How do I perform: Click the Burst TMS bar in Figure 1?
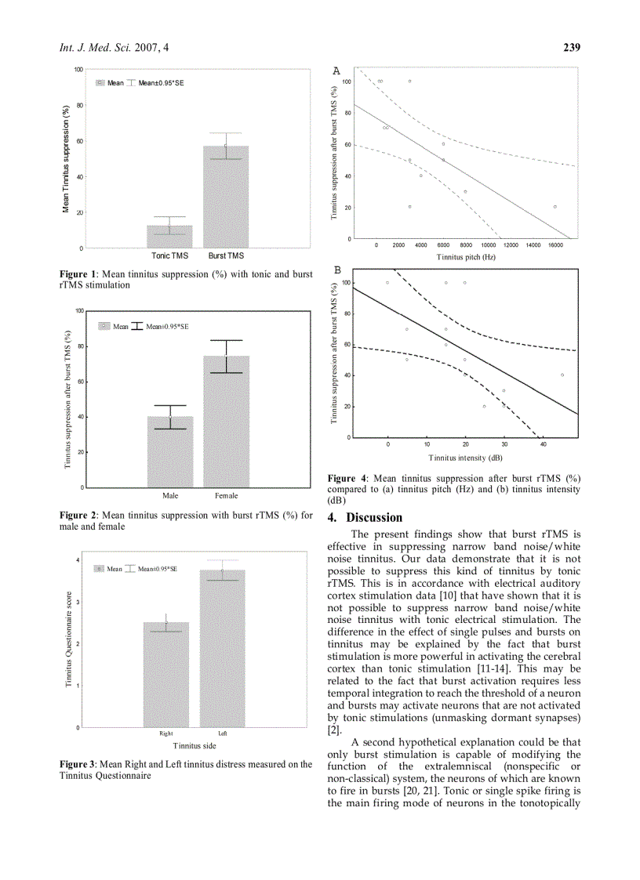point(226,197)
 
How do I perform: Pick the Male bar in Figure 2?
point(170,451)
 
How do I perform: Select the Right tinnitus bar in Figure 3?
point(165,675)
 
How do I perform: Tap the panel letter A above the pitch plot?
point(336,71)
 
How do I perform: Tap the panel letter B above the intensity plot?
point(337,270)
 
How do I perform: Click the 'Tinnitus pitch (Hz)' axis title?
point(466,256)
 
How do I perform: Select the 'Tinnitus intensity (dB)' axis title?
point(465,456)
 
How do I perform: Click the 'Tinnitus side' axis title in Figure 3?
point(194,745)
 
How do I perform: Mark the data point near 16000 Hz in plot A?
point(555,207)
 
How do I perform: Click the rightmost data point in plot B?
point(562,375)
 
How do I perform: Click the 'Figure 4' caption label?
point(346,479)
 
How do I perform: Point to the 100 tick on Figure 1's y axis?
point(79,70)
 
